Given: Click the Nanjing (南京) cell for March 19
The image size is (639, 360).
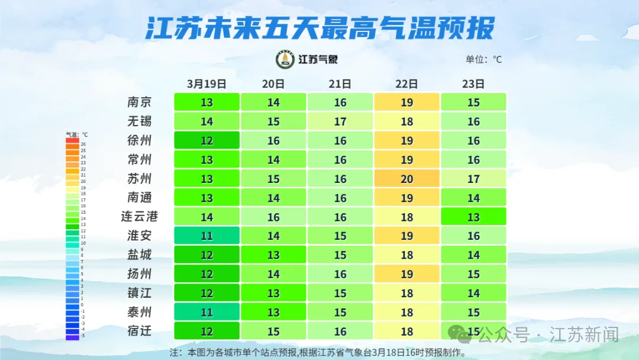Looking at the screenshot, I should coord(206,102).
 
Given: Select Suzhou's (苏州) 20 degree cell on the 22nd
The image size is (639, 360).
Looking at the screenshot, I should coord(406,178).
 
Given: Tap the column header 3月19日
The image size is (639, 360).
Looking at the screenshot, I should coord(206,83).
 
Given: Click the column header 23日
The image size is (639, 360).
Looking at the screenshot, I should coord(473,83).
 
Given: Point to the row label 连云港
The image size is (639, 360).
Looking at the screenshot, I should coord(140,217).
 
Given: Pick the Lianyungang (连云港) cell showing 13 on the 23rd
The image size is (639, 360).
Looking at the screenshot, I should coord(473,217).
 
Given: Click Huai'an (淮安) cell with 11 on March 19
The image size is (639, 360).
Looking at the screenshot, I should coord(206,236).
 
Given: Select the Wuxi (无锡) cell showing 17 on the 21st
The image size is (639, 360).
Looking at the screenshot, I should coord(340,121).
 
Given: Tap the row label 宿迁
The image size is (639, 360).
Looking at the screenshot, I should coord(140,331).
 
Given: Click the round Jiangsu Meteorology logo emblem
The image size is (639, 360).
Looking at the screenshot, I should coord(285,59).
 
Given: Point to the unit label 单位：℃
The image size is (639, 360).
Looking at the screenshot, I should coord(483,59).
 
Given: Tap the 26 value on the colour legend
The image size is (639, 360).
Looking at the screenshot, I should coord(83,144).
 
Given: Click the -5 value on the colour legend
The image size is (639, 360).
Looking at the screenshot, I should coord(83,336).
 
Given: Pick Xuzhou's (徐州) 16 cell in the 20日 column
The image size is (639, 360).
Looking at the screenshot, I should coord(273,140).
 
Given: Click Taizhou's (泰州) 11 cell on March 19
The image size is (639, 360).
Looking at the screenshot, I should coord(206,312).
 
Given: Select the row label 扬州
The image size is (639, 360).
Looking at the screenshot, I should coord(140,274).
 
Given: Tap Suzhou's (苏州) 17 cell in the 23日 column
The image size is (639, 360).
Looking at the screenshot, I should coord(473,178).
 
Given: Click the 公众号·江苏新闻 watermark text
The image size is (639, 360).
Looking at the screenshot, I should coord(548,335).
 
